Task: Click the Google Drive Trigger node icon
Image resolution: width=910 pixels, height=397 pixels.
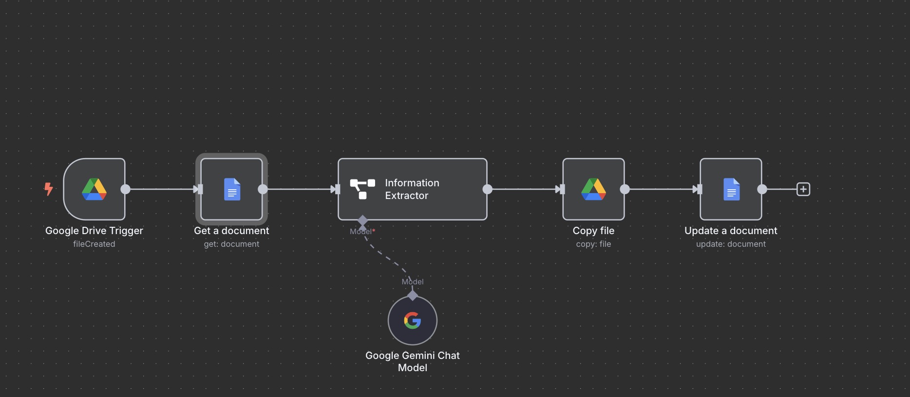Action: point(94,189)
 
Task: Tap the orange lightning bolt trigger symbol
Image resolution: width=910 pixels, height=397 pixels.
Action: point(48,189)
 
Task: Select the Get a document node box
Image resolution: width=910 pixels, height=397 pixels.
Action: point(231,189)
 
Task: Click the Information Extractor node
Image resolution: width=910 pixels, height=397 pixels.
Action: point(412,189)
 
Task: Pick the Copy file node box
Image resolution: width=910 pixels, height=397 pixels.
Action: point(593,189)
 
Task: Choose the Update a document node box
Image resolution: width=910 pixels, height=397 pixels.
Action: point(731,189)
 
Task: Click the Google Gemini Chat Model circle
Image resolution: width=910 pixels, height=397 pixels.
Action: point(413,320)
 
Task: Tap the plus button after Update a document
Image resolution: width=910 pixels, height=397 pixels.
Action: point(803,189)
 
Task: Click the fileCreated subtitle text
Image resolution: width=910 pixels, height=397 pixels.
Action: point(94,244)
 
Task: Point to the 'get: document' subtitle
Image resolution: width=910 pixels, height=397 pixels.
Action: point(231,244)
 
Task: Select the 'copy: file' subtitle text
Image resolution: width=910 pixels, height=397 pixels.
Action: point(593,244)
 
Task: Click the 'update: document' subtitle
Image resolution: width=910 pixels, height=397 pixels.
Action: point(731,244)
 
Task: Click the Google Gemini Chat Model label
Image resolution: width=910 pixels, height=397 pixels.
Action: point(413,361)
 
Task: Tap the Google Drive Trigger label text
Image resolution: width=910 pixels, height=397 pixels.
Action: point(94,231)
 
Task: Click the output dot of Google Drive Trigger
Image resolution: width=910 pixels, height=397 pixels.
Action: point(125,189)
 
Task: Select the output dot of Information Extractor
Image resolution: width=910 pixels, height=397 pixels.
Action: point(487,189)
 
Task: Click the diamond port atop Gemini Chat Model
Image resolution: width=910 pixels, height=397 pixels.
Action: point(413,295)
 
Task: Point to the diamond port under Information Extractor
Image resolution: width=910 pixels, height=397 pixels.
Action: point(362,220)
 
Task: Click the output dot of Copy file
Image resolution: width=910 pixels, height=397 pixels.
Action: point(625,189)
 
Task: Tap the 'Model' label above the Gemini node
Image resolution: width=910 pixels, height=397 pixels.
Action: point(413,282)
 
